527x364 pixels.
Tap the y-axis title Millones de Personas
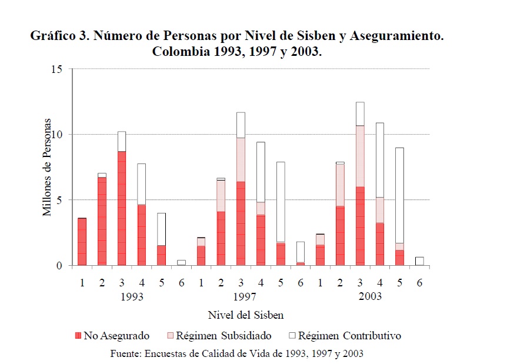point(47,168)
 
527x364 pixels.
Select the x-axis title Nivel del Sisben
point(245,315)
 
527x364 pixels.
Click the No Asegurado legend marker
point(78,336)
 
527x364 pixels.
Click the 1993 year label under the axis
point(132,296)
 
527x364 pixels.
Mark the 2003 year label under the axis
point(370,296)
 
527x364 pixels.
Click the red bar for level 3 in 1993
point(122,209)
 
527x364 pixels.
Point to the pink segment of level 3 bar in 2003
point(360,156)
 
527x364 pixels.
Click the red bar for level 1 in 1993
point(82,242)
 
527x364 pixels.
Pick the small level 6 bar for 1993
point(182,262)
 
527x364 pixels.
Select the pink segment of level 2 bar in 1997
point(221,196)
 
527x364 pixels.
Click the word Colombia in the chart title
point(179,51)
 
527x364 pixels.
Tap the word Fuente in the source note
point(125,353)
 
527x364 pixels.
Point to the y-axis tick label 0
point(59,266)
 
